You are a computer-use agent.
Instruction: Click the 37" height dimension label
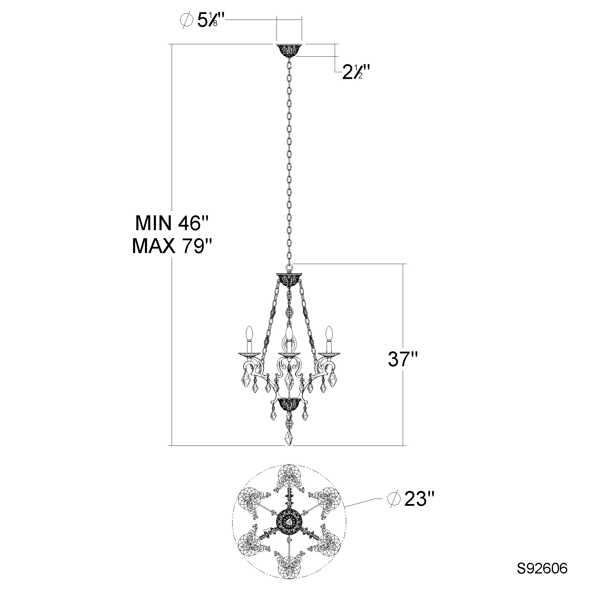[403, 359]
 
